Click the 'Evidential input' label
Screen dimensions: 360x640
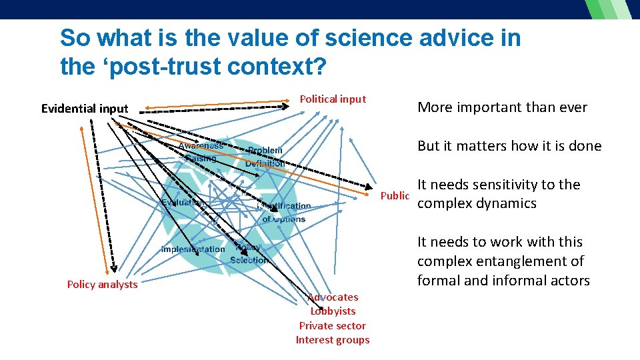[x=85, y=109]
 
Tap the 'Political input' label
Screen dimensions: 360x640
[x=333, y=99]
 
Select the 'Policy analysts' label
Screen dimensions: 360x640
[x=102, y=285]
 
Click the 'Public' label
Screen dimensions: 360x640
[x=395, y=196]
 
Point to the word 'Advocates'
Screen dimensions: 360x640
[x=333, y=297]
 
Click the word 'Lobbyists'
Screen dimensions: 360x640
[x=333, y=311]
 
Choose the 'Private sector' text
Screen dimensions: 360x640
[x=332, y=326]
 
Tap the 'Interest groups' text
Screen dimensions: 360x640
[x=332, y=340]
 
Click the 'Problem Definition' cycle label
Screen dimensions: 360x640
[x=265, y=157]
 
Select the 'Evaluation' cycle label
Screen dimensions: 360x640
[x=181, y=202]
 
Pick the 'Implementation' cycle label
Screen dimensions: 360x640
[x=193, y=249]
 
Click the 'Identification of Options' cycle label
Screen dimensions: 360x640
[x=284, y=213]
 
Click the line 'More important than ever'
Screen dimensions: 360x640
[x=502, y=107]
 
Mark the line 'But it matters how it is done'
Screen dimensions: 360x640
[x=509, y=146]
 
